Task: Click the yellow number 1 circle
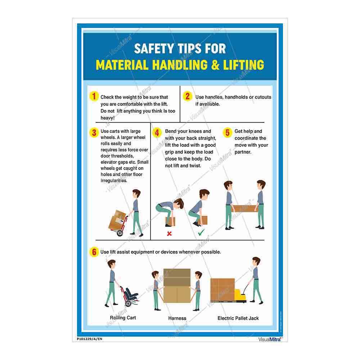click(94, 96)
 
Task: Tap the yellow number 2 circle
click(188, 96)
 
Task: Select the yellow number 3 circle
click(94, 132)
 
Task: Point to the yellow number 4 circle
click(157, 132)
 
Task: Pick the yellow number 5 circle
click(227, 132)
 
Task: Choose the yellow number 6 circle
click(94, 252)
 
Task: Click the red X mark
click(169, 234)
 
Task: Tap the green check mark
click(201, 233)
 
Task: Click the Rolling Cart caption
click(123, 318)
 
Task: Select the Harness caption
click(177, 318)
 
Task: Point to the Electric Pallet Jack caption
click(238, 318)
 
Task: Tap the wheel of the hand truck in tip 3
click(120, 233)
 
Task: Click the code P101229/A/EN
click(90, 339)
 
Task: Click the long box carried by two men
click(244, 208)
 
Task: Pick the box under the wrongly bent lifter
click(170, 221)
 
